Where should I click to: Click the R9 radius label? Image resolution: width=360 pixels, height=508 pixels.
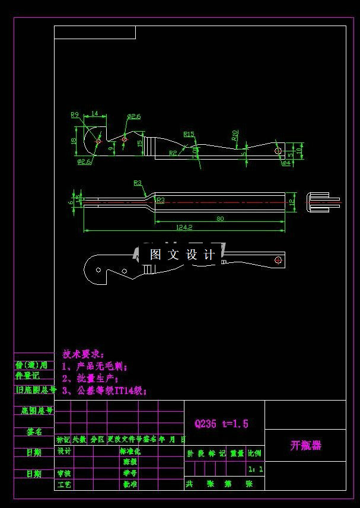click(75, 115)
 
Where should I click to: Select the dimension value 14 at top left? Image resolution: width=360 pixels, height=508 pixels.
click(94, 113)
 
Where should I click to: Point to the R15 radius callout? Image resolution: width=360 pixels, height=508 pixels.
click(189, 134)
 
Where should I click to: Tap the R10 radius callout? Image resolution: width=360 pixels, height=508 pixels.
click(235, 135)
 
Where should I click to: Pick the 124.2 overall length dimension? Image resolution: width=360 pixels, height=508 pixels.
click(184, 227)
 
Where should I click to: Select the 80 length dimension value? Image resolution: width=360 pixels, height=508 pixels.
click(220, 218)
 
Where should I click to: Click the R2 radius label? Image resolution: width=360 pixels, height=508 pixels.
click(173, 153)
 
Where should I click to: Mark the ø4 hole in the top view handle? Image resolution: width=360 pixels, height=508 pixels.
click(278, 151)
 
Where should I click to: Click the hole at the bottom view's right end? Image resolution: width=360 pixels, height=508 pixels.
click(278, 259)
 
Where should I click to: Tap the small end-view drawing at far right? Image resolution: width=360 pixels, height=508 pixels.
click(323, 201)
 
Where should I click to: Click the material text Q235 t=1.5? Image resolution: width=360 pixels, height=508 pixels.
click(221, 424)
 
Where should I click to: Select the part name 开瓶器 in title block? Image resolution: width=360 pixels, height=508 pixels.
click(305, 446)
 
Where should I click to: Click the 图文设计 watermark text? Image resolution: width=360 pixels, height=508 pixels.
click(182, 255)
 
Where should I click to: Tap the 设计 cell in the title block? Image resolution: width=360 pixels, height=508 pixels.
click(64, 451)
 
